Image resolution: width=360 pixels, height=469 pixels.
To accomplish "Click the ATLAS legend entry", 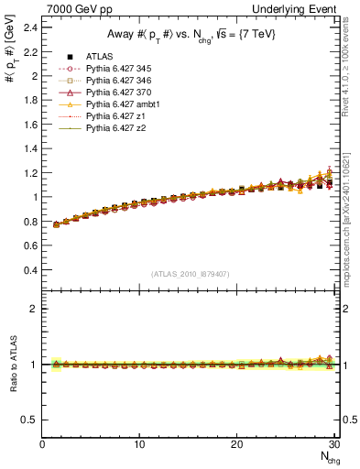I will [x=97, y=57].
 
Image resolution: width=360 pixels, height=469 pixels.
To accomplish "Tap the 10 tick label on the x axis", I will [x=139, y=444].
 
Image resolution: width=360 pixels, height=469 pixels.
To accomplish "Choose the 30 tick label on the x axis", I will [x=333, y=444].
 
